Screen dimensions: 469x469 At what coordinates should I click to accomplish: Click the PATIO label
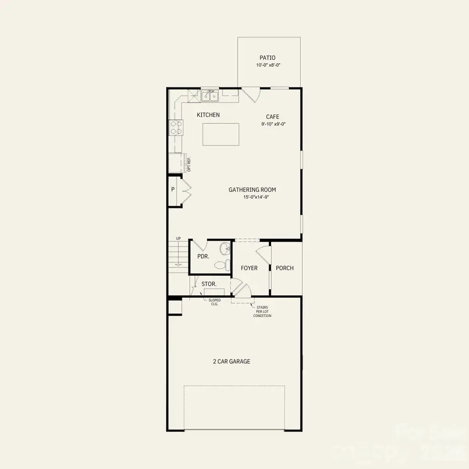[267, 58]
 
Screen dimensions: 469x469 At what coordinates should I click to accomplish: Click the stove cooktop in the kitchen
[175, 127]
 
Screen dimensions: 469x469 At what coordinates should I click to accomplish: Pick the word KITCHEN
[208, 115]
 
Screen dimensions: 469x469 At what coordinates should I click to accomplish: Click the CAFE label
[273, 117]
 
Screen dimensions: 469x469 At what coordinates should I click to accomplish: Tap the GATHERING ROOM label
[252, 190]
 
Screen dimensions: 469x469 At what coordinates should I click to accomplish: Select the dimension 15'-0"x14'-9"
[252, 198]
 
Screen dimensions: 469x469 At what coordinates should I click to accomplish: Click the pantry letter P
[172, 190]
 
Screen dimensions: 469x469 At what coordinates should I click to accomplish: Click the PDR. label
[203, 257]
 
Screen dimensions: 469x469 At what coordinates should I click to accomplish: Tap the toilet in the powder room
[223, 265]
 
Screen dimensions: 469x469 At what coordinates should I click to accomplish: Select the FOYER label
[249, 268]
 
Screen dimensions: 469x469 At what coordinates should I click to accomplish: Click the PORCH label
[285, 268]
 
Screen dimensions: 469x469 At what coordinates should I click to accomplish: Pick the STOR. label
[209, 285]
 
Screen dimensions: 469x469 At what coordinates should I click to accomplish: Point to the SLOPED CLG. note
[215, 302]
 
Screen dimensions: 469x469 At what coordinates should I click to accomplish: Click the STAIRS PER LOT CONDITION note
[262, 312]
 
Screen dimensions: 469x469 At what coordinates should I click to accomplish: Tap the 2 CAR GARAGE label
[231, 361]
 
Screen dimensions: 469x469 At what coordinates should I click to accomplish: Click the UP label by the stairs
[178, 239]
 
